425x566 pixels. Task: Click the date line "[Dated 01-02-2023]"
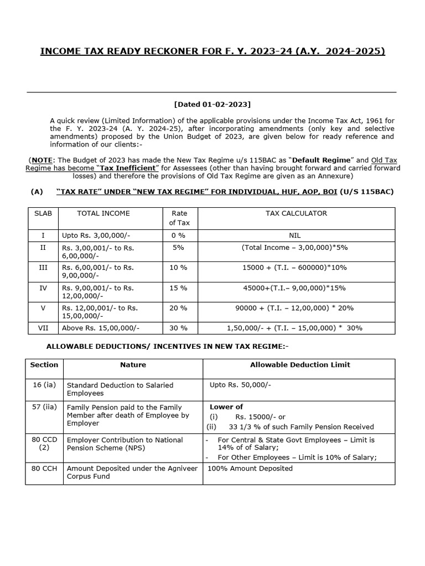tap(212, 104)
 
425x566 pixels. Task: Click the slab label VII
tap(43, 328)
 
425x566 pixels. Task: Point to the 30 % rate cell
tap(178, 328)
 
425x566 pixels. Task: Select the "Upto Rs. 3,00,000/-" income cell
tap(96, 235)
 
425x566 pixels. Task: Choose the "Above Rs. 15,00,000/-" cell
tap(101, 328)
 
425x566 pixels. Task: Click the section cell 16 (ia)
tap(44, 385)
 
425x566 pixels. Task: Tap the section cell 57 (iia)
tap(44, 407)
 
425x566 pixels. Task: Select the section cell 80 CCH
tap(44, 468)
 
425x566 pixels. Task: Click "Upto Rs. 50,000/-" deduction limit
tap(240, 385)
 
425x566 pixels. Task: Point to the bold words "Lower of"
tap(226, 407)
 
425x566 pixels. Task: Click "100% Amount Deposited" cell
tap(250, 468)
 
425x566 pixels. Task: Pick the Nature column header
tap(133, 365)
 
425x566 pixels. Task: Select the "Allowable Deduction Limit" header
tap(299, 365)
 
